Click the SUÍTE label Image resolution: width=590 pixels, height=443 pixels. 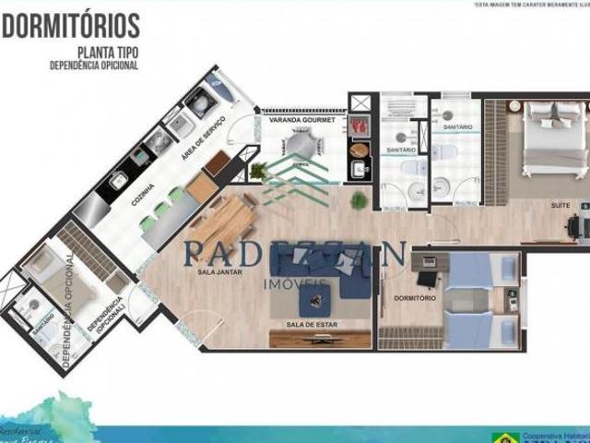point(560,204)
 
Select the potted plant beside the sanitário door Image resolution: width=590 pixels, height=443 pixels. point(359,198)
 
